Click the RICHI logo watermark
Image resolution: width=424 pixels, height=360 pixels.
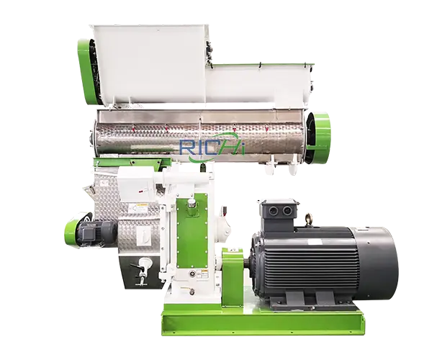(x=212, y=148)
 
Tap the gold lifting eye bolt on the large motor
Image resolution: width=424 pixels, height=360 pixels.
(x=308, y=220)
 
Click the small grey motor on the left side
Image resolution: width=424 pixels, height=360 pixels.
(x=94, y=235)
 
